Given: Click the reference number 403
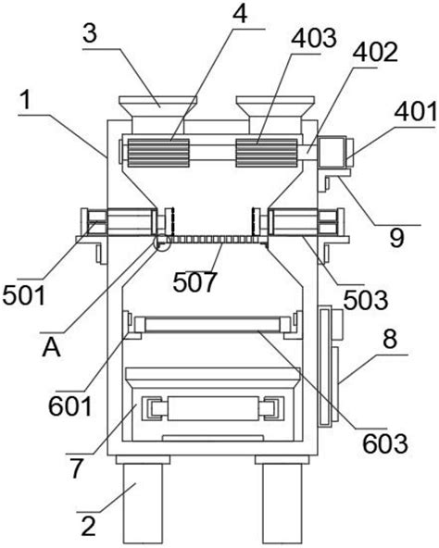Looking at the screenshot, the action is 314,39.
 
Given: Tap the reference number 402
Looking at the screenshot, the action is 375,53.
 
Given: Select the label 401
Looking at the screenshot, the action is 416,112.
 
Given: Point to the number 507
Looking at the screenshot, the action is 194,282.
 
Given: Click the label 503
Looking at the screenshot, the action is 366,300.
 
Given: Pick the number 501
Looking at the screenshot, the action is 24,295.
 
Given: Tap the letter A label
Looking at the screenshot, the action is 52,348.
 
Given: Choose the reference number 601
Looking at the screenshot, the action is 70,406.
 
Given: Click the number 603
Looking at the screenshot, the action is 385,443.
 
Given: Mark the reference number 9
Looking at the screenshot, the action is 397,238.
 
